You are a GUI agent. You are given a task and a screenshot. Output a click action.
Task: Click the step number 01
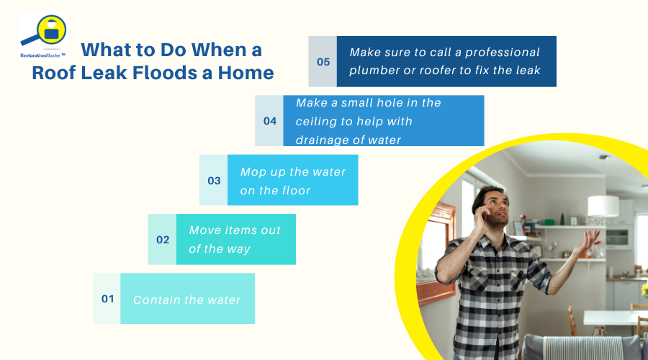point(107,299)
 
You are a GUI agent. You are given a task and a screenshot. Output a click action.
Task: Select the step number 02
point(163,240)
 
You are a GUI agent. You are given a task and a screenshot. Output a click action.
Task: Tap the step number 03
point(214,181)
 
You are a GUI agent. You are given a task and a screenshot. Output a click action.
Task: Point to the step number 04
point(269,121)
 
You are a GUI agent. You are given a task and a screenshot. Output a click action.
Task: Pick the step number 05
point(323,62)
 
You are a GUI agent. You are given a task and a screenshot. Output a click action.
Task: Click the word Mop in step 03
point(253,172)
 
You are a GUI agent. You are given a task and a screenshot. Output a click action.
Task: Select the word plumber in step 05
point(375,71)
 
